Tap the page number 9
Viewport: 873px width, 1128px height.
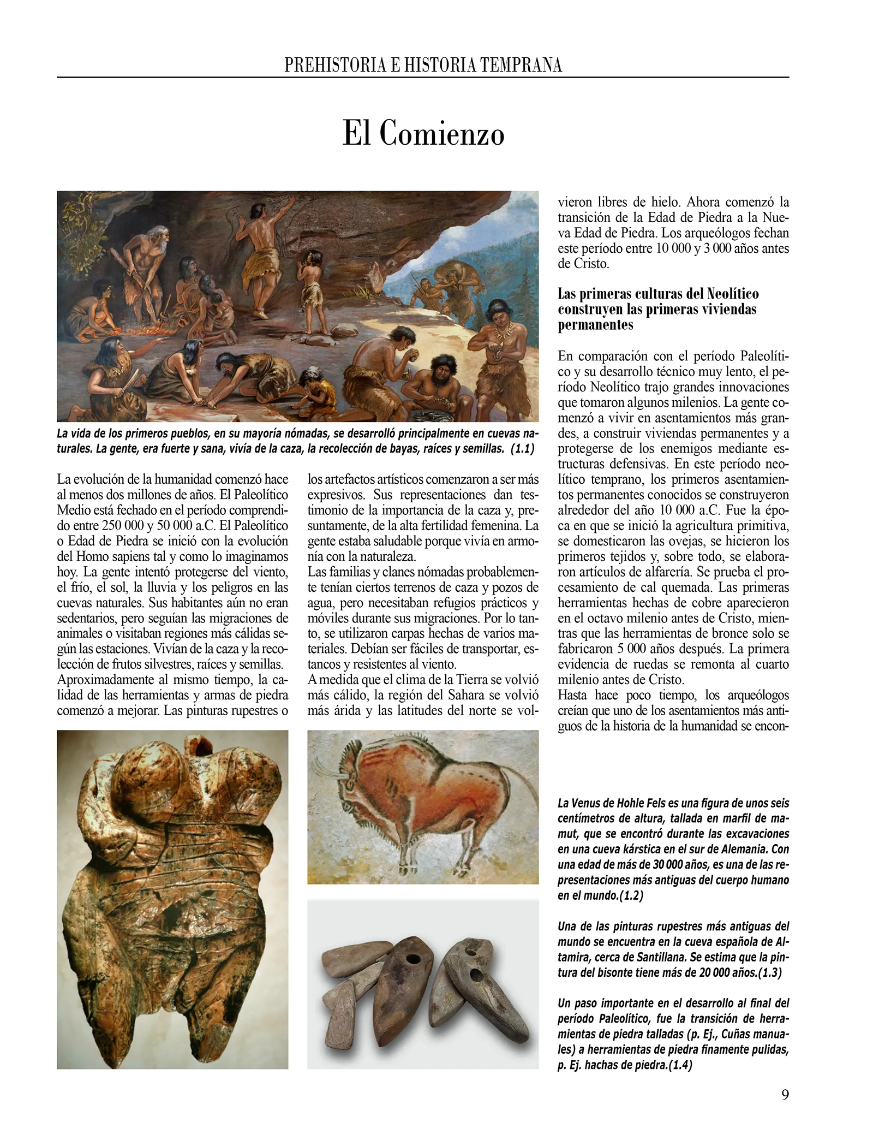click(785, 1095)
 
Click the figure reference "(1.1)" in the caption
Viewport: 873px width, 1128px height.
click(522, 449)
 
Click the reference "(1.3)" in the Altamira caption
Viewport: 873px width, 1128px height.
click(769, 972)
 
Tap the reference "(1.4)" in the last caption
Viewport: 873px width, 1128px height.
click(680, 1065)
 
